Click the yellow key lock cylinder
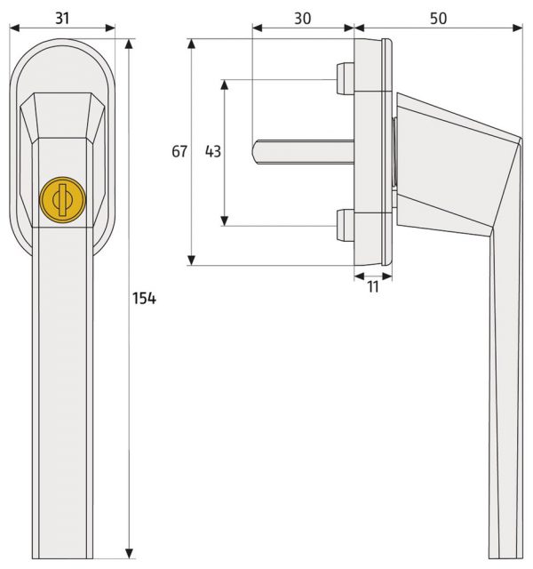click(62, 199)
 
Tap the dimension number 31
click(62, 18)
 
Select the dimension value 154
click(144, 299)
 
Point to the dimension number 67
click(179, 151)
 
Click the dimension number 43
click(213, 151)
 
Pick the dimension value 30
click(302, 18)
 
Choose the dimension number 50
click(438, 18)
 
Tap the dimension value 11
click(373, 286)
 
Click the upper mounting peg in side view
click(346, 79)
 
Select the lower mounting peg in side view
click(346, 225)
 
